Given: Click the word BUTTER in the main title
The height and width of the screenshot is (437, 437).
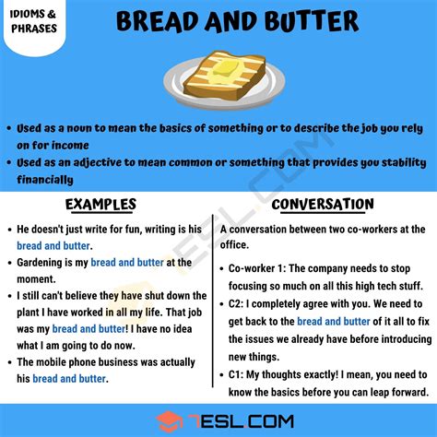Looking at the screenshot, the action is point(312,21).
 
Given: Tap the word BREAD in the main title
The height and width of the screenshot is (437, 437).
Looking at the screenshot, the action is point(159,21).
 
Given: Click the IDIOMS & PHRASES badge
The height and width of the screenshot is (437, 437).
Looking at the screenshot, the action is point(34,21).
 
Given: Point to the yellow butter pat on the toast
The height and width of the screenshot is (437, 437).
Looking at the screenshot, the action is point(226,68).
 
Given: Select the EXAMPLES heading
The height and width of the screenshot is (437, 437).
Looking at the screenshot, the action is point(100,205).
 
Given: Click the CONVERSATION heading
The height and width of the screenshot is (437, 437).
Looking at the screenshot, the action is point(323,205).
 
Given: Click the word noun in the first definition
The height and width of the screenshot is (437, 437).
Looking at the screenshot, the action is point(79,128).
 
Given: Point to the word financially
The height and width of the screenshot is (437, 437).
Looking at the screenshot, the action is point(45,180).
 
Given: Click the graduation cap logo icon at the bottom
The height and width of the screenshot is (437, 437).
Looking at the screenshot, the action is point(169,421).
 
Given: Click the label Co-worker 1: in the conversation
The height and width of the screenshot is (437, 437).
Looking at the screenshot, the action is point(257,268).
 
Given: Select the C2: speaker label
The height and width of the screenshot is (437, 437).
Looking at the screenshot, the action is point(236,304).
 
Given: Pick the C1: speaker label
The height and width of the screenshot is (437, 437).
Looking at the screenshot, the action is point(236,375).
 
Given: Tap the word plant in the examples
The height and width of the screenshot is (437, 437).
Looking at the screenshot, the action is point(28,313).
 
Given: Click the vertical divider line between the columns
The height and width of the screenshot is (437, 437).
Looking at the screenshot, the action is point(212,301).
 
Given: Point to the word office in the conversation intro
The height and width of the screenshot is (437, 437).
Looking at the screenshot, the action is point(233,245).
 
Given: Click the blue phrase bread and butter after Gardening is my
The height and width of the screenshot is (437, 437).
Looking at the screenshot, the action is point(127,263).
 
